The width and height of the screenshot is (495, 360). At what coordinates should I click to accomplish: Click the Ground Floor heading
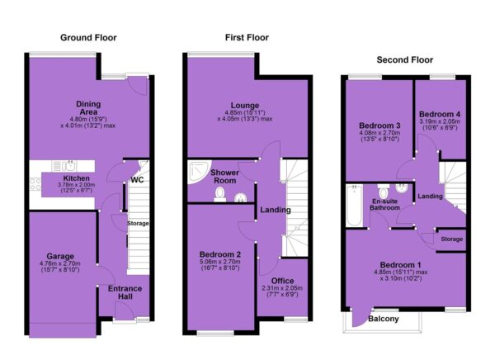point(88,38)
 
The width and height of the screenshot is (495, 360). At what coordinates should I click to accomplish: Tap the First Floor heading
point(247,38)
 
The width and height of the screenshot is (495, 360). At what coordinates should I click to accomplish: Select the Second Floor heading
point(405,59)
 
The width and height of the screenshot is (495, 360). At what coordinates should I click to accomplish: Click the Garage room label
point(60,256)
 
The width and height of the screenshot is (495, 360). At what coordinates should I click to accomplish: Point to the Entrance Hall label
point(125,292)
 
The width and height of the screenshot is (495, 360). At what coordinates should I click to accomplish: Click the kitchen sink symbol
point(68,166)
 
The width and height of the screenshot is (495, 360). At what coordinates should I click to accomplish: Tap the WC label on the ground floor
point(137,180)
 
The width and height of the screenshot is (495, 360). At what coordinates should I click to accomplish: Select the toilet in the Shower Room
point(220,194)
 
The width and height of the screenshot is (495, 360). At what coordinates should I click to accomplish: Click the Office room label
point(282,281)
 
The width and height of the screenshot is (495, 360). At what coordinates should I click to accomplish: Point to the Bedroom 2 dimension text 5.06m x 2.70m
point(220,262)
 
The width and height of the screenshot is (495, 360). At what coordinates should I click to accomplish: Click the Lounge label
point(245,105)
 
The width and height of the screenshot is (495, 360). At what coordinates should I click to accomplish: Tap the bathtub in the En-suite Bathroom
point(354,206)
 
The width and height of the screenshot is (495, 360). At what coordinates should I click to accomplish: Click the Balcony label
point(384,319)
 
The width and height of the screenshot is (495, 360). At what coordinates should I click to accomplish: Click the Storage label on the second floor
point(452,239)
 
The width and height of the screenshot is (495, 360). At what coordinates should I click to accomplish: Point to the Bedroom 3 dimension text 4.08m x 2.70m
point(379,133)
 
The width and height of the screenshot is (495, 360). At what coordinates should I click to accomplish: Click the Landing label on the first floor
point(276,210)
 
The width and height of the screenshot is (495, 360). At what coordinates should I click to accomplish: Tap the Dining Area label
point(88,108)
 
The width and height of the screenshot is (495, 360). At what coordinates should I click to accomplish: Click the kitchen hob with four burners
point(35,184)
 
